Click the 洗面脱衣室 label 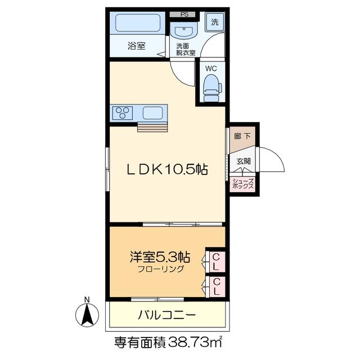(185, 49)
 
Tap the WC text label (211, 69)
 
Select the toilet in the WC (211, 88)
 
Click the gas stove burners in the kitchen (121, 113)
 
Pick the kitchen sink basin (152, 113)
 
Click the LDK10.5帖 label (166, 168)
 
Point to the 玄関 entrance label (243, 161)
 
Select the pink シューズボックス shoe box (243, 183)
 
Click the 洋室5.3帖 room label (159, 258)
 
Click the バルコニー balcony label (166, 315)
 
